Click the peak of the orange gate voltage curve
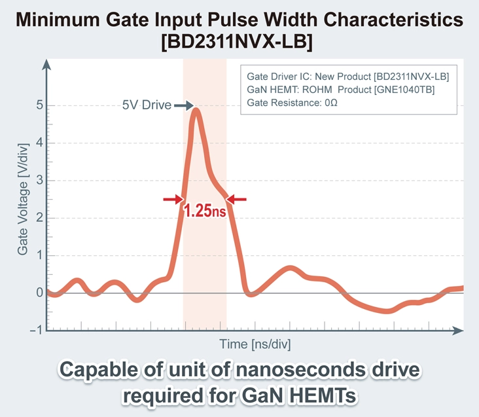click(196, 109)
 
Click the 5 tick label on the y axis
click(40, 105)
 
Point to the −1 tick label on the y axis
click(37, 330)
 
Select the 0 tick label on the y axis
click(40, 293)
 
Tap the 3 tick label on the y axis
click(40, 180)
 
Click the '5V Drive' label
click(147, 105)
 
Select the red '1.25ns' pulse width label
click(205, 212)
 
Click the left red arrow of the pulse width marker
click(173, 199)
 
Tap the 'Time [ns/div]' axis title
click(255, 344)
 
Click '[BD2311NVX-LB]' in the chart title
click(239, 43)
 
